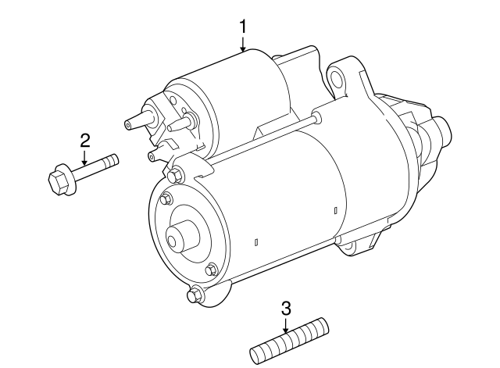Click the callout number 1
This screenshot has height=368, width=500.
(x=243, y=26)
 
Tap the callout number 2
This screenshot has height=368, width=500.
(x=85, y=141)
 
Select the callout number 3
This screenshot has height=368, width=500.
(x=285, y=306)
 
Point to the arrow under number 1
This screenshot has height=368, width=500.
(x=243, y=45)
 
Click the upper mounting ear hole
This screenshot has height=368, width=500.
(x=336, y=78)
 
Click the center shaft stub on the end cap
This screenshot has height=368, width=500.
(x=179, y=235)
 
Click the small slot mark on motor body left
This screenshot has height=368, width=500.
(x=256, y=243)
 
